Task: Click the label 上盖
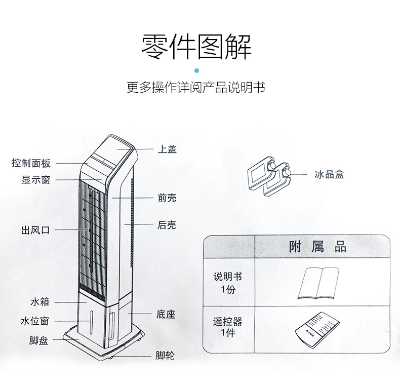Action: coord(167,149)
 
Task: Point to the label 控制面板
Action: coord(31,163)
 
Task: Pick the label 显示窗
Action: coord(36,179)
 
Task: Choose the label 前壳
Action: coord(167,198)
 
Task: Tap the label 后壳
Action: coord(167,225)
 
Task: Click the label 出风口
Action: coord(35,230)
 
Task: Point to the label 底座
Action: coord(166,315)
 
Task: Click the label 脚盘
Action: coord(38,340)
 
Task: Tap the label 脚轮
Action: coord(165,356)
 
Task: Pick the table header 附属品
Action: coord(318,247)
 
